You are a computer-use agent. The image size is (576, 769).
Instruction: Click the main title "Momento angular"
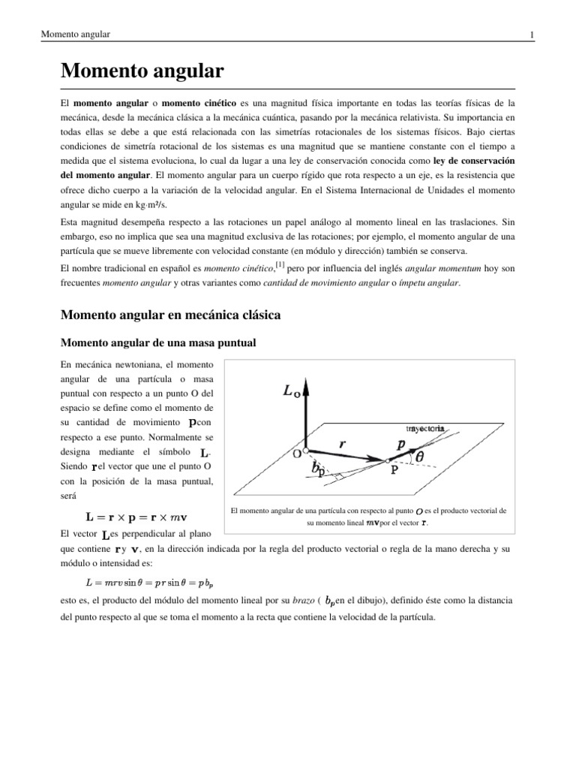[142, 72]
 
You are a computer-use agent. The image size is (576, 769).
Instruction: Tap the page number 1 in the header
[531, 35]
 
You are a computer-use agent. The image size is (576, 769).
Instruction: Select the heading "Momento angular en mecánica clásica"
[170, 315]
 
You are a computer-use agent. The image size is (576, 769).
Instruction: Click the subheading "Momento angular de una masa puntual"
[157, 343]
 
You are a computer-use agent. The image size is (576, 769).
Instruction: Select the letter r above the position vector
[342, 444]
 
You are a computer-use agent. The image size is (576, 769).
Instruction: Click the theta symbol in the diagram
[419, 455]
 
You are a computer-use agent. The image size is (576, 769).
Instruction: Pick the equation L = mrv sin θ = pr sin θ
[148, 582]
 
